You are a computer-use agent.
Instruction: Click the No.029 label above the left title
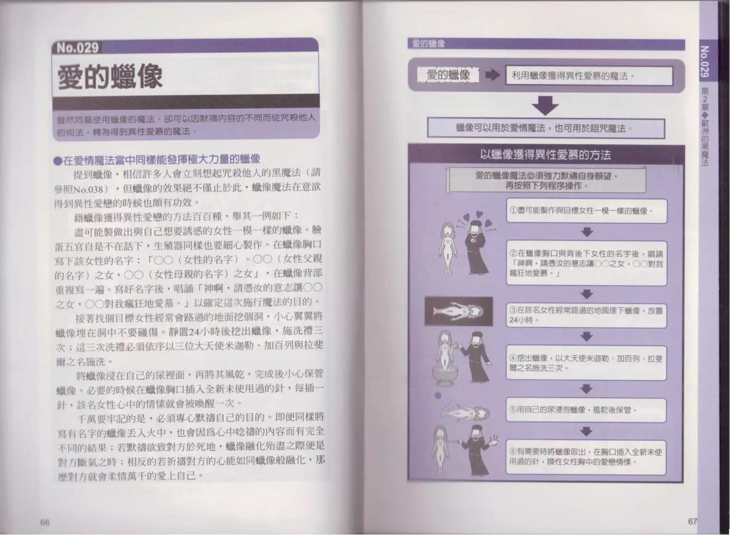coord(78,48)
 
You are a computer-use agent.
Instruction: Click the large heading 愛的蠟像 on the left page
coord(110,76)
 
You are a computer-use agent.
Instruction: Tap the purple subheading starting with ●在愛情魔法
coord(157,159)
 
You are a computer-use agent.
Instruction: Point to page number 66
coord(45,522)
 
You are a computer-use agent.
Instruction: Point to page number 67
coord(692,521)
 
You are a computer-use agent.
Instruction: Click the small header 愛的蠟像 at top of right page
coord(428,44)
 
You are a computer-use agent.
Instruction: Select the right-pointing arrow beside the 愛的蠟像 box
coord(492,75)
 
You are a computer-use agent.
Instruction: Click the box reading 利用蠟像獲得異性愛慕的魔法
coord(588,76)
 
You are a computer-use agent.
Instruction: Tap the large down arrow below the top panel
coord(545,105)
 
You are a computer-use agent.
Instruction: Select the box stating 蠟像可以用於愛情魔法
coord(545,128)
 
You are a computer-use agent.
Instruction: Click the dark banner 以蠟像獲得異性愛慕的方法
coord(545,155)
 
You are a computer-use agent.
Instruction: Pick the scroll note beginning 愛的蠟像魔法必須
coord(546,180)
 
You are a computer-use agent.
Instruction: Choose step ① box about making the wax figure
coord(586,211)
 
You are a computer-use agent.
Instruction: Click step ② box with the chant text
coord(586,263)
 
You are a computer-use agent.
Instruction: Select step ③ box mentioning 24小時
coord(586,315)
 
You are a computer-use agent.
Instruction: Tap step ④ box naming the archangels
coord(586,363)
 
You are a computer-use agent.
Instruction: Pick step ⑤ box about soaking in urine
coord(586,409)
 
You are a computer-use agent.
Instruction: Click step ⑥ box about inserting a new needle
coord(586,456)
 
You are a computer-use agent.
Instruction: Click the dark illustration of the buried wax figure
coord(458,311)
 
